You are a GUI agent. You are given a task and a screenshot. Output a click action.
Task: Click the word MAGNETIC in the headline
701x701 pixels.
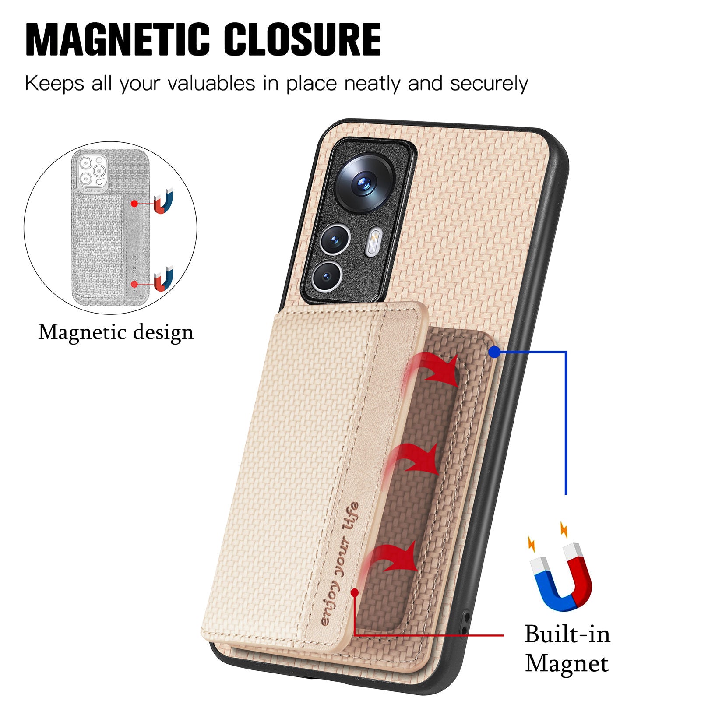tap(118, 39)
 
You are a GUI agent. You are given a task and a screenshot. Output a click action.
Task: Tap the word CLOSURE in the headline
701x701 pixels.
tap(302, 39)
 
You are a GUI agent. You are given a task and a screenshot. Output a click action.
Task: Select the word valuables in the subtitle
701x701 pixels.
tap(211, 83)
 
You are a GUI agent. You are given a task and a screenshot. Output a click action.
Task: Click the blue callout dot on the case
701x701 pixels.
tap(494, 351)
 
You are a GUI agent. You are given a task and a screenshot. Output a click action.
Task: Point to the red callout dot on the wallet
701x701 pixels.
tap(355, 592)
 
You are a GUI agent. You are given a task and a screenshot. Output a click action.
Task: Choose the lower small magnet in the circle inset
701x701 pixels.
tap(164, 279)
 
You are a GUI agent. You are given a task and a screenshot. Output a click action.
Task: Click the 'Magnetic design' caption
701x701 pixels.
tap(116, 333)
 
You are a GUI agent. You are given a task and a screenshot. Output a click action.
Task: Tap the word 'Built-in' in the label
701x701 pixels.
tap(567, 634)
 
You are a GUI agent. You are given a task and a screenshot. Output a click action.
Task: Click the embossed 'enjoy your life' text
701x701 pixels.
tap(340, 565)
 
